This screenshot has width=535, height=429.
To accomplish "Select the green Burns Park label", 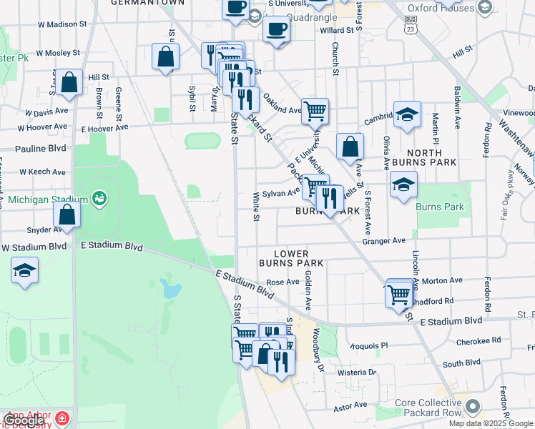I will [440, 207].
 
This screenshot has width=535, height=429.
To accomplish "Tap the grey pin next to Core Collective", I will [472, 407].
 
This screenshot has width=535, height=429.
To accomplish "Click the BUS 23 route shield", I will [409, 26].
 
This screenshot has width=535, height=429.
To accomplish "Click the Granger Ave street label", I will [384, 241].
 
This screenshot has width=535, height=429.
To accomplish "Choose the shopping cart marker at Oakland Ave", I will [315, 111].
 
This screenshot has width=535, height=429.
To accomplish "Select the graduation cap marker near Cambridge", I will [407, 114].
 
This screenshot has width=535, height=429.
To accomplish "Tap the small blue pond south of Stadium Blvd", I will [170, 288].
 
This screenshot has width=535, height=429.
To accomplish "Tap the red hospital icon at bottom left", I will [62, 417].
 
